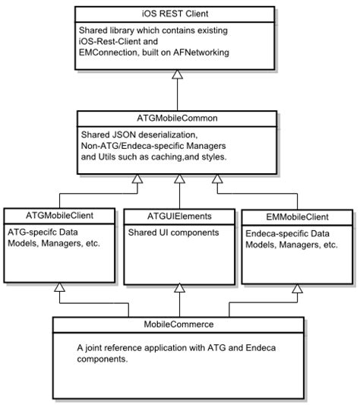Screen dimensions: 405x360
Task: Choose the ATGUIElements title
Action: tap(178, 214)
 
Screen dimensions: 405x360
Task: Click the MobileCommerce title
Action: tap(178, 324)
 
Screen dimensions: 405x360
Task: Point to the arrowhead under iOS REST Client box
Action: tap(178, 73)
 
